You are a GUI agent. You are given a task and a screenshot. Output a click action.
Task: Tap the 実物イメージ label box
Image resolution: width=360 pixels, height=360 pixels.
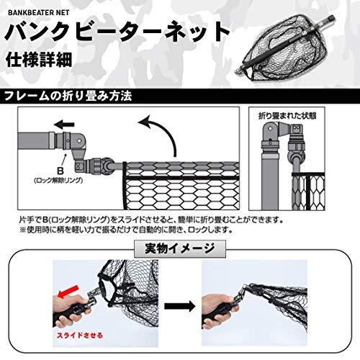[x=179, y=249]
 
